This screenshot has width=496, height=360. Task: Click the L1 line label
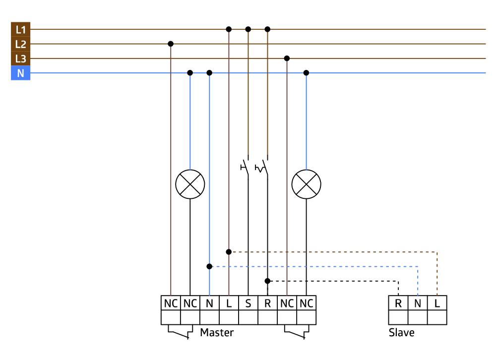[20, 29]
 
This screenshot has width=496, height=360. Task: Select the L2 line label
[20, 44]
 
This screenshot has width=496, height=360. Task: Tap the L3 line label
[20, 59]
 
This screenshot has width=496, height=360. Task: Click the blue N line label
[20, 73]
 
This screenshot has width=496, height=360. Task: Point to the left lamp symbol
[190, 184]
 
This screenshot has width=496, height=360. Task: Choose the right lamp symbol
[306, 184]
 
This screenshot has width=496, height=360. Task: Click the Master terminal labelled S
[248, 303]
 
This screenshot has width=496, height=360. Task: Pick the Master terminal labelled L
[229, 303]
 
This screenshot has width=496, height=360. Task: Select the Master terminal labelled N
[209, 303]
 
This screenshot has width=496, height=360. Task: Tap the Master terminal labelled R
[267, 303]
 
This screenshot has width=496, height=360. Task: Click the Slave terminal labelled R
[398, 303]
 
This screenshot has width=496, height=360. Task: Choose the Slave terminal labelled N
[418, 303]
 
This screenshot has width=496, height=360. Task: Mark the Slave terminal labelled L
[437, 303]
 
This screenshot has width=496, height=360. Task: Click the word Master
[217, 332]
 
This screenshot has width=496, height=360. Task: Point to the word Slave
[401, 332]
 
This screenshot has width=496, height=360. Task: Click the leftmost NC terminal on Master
[171, 303]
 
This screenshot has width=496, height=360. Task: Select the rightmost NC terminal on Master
[306, 303]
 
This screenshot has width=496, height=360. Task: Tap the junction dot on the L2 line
[171, 44]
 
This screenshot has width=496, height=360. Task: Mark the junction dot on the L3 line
[287, 59]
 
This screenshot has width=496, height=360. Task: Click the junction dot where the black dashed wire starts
[267, 281]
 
